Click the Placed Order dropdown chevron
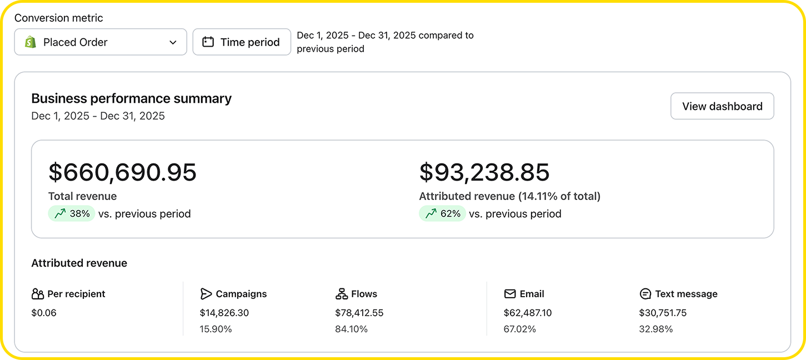173,42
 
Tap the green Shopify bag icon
31,42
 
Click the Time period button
242,42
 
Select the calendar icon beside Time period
208,42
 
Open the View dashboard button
722,106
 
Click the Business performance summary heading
131,98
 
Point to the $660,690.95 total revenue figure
122,172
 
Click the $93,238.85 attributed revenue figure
484,172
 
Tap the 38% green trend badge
72,213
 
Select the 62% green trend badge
442,213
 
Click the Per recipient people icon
37,294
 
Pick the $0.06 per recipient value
44,313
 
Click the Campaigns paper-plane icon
206,294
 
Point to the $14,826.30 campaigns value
224,313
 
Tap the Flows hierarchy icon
342,294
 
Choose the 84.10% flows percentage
351,329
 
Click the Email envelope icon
510,294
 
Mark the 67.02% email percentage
519,329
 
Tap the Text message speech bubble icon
645,294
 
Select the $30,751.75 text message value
663,313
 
